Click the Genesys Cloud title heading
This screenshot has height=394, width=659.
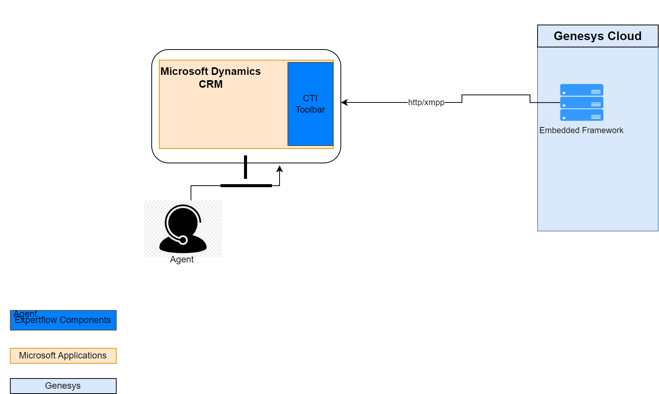pos(597,36)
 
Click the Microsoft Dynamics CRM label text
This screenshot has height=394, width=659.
pos(210,78)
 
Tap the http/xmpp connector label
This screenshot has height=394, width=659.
pos(426,102)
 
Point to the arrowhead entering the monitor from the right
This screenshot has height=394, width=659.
pos(344,102)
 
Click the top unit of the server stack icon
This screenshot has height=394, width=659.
pos(581,90)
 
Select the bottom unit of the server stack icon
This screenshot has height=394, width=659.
pos(581,115)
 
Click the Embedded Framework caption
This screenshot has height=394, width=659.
pos(581,130)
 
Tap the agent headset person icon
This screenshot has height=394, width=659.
pos(183,228)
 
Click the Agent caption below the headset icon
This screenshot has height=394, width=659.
pos(182,259)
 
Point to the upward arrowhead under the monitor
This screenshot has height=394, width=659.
pos(280,169)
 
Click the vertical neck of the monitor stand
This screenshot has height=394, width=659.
pos(246,167)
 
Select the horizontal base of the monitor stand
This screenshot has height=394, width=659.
pos(246,186)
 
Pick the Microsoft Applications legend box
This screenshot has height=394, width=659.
pos(63,355)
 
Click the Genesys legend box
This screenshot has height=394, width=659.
pos(63,386)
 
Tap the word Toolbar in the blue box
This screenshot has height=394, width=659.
pos(310,110)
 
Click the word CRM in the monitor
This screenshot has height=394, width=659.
pos(211,84)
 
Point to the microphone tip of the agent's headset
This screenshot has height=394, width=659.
pos(183,240)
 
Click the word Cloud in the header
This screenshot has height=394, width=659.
pos(624,36)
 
